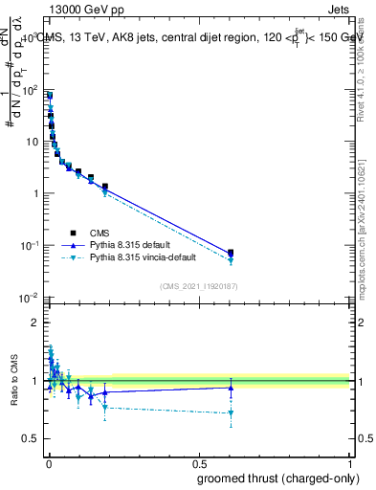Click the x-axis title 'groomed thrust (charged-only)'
coord(277,478)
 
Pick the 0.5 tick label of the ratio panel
coord(30,439)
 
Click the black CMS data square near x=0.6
coord(231,253)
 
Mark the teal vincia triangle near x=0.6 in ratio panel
coord(231,413)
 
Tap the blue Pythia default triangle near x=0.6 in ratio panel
coord(231,388)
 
